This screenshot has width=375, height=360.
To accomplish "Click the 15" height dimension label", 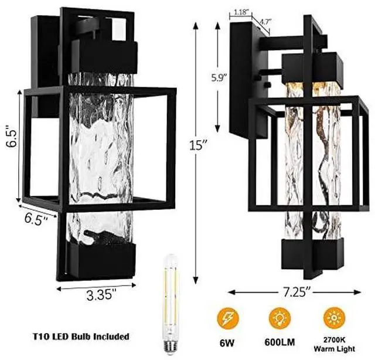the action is click(198, 145).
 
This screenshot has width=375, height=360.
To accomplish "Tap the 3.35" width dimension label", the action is click(100, 294).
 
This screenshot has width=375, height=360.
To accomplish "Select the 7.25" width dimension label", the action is click(295, 292).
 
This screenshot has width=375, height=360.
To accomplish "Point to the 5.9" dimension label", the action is click(219, 77).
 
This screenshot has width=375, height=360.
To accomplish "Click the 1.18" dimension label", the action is click(240, 12).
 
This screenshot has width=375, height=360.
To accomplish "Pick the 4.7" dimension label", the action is click(264, 22).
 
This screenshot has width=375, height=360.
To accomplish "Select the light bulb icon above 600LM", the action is click(279, 319).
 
